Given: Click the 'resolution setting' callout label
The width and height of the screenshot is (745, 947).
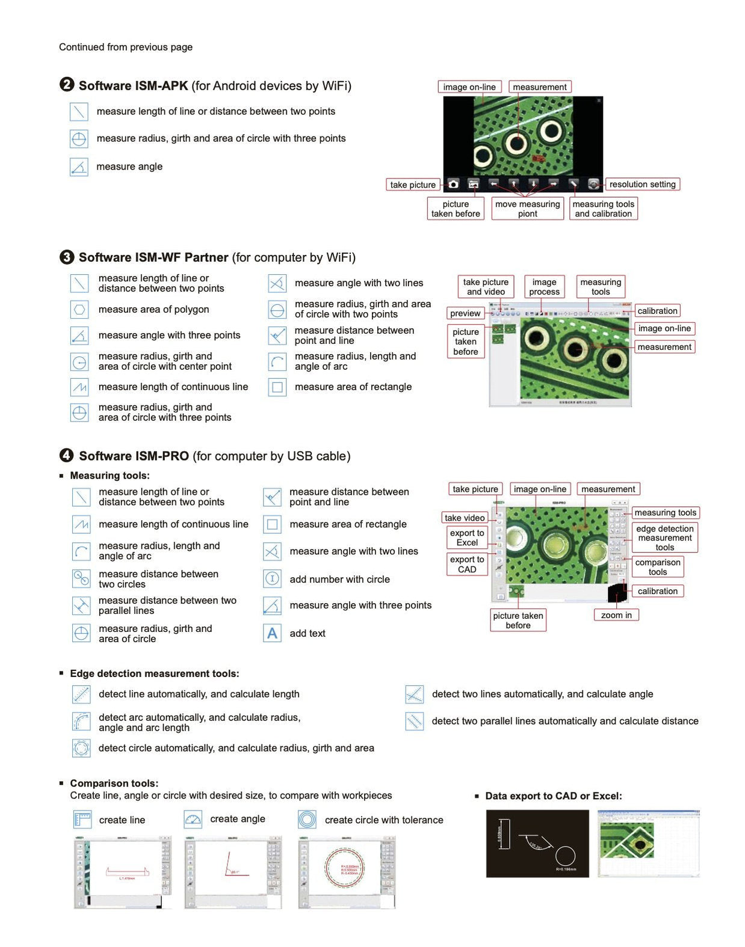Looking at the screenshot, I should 641,185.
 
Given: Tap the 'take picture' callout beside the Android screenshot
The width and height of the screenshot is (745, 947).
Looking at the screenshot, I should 413,185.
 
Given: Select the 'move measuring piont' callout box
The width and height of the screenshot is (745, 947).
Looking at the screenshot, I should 527,209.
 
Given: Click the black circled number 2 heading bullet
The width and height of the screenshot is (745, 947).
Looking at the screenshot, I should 67,85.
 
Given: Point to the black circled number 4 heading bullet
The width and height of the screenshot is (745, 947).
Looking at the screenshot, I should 67,455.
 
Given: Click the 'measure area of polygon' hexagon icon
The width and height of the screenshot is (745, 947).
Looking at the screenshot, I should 79,310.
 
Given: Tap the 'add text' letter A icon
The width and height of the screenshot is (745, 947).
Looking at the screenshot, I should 272,633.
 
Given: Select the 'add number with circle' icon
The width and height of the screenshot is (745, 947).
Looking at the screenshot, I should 272,579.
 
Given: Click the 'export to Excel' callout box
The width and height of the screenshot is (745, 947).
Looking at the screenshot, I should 467,538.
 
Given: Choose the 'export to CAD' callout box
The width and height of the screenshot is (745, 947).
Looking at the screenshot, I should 467,564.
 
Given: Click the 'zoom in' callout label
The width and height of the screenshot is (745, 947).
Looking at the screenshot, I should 616,615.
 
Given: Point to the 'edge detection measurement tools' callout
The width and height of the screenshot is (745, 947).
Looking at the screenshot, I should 664,538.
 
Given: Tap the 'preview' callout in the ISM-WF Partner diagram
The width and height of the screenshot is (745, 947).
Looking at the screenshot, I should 465,313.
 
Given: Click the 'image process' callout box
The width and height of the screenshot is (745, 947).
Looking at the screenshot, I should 544,287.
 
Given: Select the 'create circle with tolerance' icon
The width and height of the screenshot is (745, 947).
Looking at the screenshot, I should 307,820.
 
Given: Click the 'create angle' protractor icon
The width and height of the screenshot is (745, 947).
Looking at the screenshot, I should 193,819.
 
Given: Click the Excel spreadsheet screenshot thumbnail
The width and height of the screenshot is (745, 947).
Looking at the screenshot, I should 649,843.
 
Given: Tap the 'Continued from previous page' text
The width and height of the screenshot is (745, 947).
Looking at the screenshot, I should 126,47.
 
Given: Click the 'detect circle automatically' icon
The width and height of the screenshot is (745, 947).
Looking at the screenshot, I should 81,748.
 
